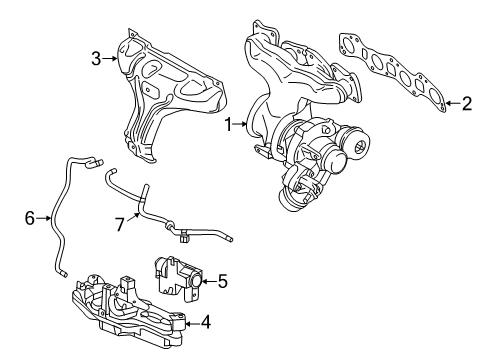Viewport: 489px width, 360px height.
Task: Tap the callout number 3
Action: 96,58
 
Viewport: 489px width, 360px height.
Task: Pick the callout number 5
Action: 222,282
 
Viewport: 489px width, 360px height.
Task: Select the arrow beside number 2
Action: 449,102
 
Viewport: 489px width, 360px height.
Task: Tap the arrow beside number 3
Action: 111,58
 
